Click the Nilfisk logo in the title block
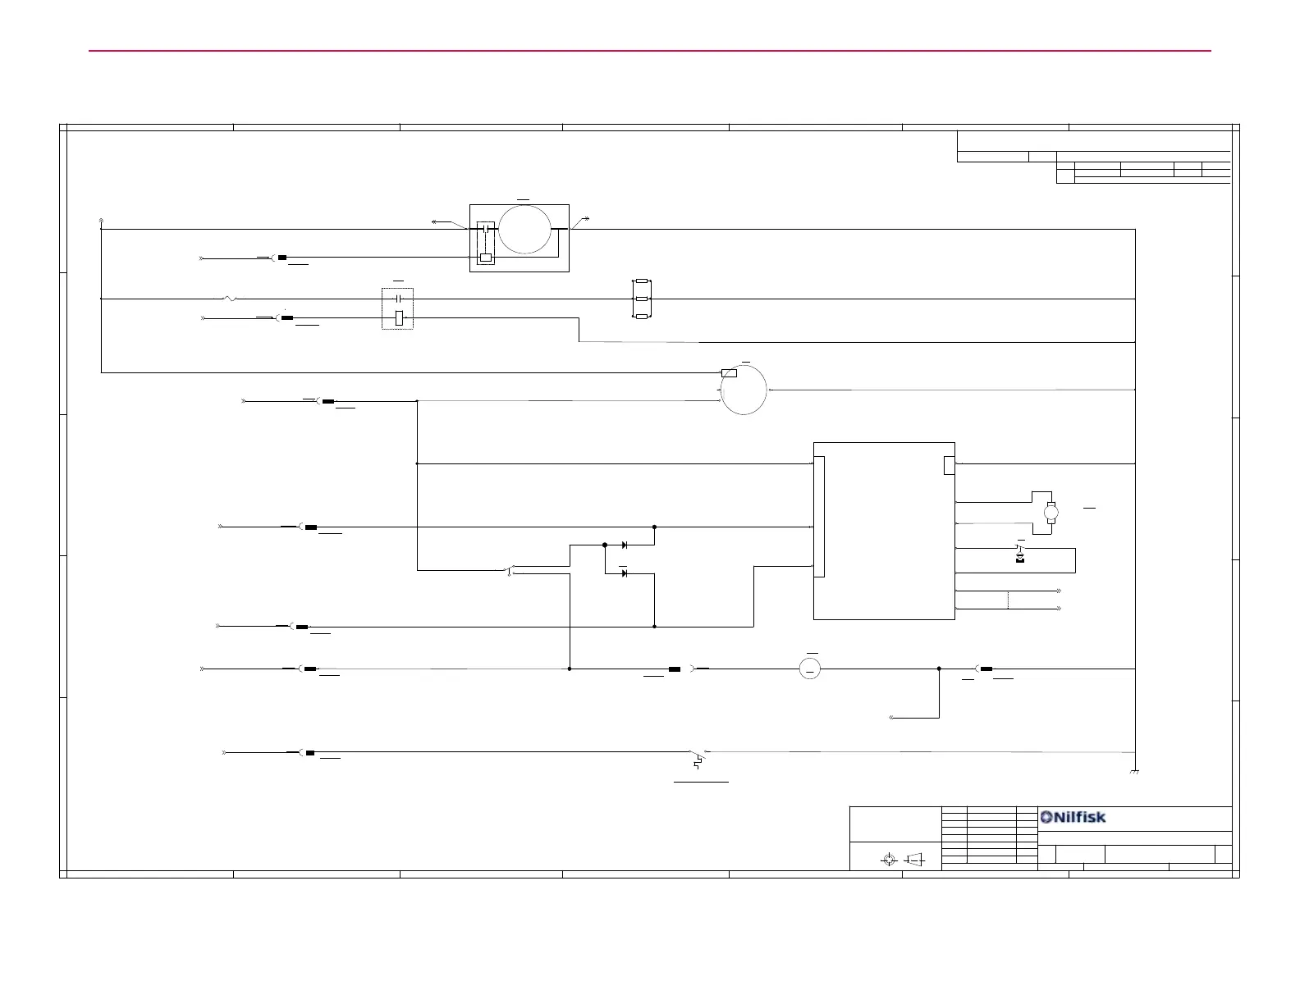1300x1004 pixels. click(1073, 817)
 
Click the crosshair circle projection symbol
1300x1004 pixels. click(887, 859)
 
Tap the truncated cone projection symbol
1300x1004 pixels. click(915, 859)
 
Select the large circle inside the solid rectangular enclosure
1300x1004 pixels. click(524, 230)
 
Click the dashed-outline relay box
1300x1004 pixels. click(397, 308)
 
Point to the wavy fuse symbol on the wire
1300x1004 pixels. click(230, 299)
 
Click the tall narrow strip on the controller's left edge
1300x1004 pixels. click(818, 517)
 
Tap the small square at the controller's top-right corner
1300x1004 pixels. click(949, 465)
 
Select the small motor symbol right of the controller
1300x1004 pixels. click(1051, 513)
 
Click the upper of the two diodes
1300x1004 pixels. click(625, 545)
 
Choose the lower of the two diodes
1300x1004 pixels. click(625, 573)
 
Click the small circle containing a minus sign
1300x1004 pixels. click(809, 669)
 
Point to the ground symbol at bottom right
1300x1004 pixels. click(1134, 772)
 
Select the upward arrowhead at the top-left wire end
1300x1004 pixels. click(101, 221)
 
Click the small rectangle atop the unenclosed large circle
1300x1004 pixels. click(728, 373)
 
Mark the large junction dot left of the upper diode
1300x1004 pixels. click(605, 545)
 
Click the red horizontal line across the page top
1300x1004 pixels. click(649, 51)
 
